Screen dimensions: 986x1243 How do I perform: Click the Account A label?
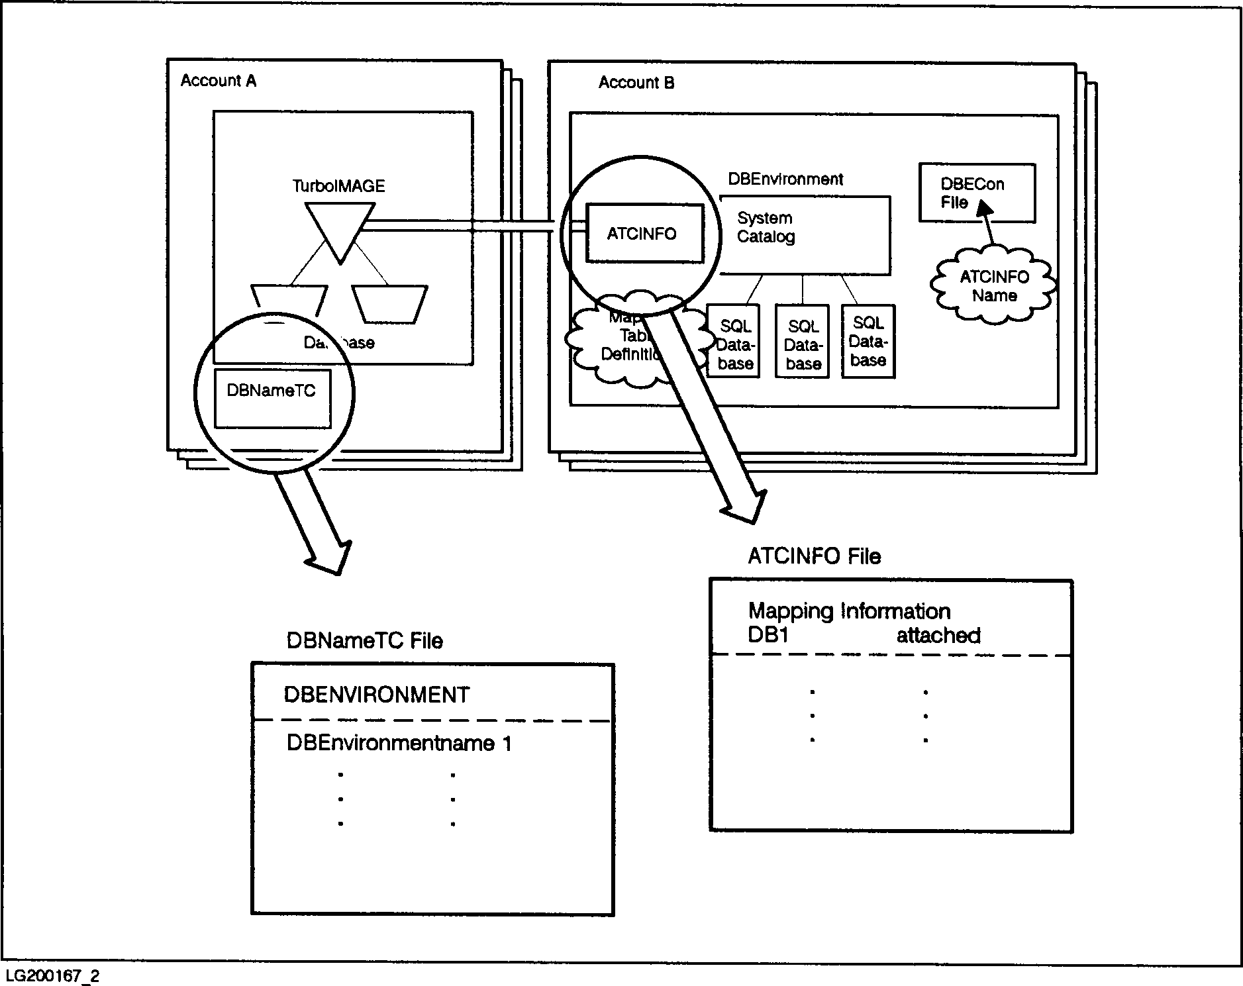pos(218,81)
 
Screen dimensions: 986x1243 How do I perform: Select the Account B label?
pos(636,83)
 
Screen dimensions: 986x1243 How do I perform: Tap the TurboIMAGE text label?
pos(338,186)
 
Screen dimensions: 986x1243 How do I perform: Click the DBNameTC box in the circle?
pos(272,398)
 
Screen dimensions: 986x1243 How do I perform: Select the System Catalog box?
pos(805,235)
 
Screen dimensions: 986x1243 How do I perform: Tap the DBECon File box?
pos(976,193)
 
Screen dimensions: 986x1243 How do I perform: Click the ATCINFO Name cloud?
pos(993,286)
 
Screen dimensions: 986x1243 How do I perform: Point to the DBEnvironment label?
pos(785,179)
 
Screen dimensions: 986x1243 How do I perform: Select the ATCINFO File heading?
pos(814,556)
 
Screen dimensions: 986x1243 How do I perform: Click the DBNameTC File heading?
pos(364,640)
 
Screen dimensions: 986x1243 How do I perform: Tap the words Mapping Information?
pos(849,611)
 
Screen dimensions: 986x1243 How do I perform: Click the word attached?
pos(938,636)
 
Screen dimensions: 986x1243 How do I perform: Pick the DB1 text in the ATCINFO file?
pos(768,636)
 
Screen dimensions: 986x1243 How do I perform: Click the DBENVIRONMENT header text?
pos(376,695)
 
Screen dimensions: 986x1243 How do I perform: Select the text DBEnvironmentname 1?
pos(399,743)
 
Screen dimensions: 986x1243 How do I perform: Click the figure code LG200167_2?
pos(52,976)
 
